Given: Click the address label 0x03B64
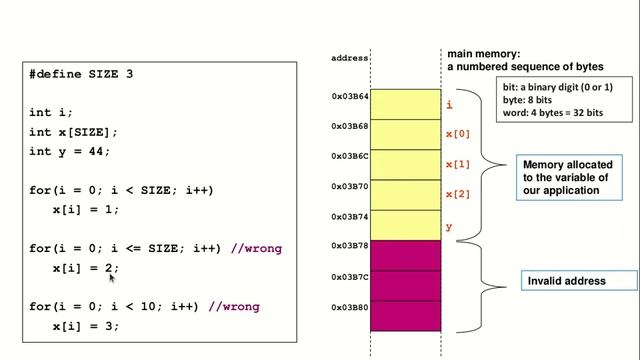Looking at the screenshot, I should pos(350,97).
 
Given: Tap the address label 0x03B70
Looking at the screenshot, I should pos(350,186).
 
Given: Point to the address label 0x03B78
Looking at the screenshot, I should pos(350,246).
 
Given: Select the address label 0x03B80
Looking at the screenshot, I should pos(350,307).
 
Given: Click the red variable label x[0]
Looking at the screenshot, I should pos(457,134).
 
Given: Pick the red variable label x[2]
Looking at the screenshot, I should pos(457,194).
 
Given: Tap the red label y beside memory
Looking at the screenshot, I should pos(449,227).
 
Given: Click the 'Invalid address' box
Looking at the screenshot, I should pos(566,281).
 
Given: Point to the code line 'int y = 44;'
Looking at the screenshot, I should pos(70,151).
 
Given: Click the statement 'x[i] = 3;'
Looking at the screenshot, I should pos(86,326).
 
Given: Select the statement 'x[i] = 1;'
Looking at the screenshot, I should pos(86,210).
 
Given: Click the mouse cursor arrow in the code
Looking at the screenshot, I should pos(113,280).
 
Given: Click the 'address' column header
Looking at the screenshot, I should pos(350,59).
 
